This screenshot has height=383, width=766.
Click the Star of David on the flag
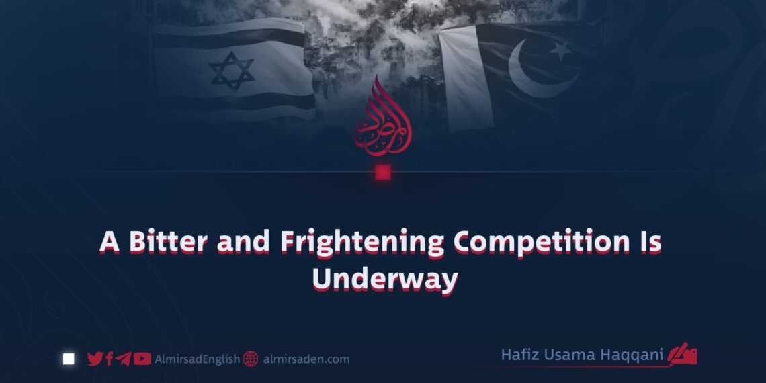231,71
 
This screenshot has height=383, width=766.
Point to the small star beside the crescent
561,49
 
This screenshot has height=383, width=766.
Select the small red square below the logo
382,172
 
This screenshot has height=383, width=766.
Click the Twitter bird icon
95,359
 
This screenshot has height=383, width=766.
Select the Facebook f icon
109,359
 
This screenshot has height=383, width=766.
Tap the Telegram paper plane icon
122,359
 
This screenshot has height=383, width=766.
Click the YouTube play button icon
141,359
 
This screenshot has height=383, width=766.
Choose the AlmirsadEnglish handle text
197,359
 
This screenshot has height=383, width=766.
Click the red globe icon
251,359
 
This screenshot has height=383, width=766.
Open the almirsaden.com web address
306,359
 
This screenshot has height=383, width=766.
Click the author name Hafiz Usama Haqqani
584,355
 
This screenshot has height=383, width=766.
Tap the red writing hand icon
684,354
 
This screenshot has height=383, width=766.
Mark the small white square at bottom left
69,359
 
